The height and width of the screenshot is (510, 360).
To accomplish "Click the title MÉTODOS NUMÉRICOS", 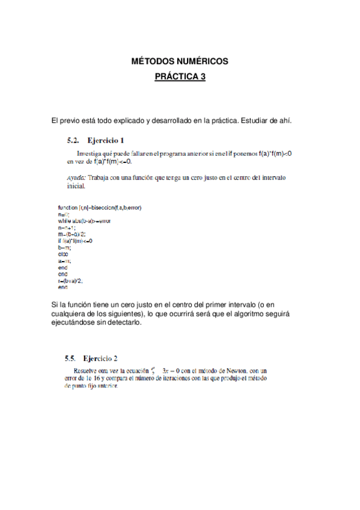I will [180, 61].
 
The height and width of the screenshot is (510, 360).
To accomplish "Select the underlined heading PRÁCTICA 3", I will [180, 78].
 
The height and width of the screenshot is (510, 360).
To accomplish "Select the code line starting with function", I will [100, 207].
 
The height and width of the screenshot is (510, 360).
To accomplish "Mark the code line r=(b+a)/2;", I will [71, 280].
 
